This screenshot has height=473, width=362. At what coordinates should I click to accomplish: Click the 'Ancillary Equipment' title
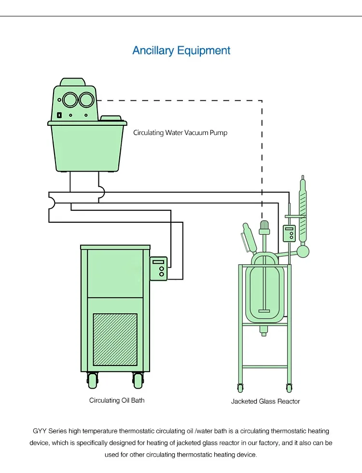181,51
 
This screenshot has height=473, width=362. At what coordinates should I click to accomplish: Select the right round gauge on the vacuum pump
86,100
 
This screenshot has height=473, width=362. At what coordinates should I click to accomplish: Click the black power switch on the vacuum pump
59,115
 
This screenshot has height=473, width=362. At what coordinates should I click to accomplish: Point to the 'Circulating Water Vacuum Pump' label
180,133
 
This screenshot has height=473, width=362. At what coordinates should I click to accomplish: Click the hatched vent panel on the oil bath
115,339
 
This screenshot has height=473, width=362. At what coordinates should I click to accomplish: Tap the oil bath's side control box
159,268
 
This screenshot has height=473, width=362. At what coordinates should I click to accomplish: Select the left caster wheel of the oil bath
92,381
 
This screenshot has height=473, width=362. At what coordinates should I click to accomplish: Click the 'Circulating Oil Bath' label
117,400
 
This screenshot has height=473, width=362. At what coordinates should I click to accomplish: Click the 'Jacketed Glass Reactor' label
265,401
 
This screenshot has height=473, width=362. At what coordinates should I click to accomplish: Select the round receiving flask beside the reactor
303,251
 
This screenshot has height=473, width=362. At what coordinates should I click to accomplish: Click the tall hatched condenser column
303,212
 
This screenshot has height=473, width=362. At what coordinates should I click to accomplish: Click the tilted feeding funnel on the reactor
249,239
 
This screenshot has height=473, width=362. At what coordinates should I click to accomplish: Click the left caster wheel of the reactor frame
240,387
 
